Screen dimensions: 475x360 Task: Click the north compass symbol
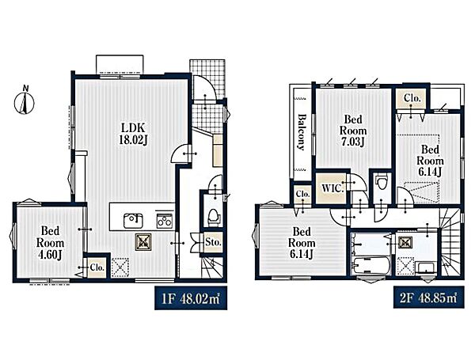(25, 100)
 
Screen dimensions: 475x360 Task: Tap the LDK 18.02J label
(133, 133)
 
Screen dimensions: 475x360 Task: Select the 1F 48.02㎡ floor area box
(191, 298)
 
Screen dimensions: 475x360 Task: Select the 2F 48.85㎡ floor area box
(428, 297)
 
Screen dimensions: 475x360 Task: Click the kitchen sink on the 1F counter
(133, 221)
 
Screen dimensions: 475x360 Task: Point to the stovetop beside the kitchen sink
(165, 221)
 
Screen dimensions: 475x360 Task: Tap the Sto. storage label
(213, 242)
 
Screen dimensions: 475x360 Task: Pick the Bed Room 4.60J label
(51, 243)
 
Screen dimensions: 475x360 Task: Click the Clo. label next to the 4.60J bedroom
(97, 267)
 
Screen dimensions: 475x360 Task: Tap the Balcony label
(301, 132)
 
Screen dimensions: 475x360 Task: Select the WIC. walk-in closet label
(332, 188)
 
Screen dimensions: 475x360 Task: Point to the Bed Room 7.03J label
(353, 131)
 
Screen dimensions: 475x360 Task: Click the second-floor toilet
(382, 182)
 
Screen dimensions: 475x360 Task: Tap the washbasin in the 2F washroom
(427, 268)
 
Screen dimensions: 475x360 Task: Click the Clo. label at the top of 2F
(412, 98)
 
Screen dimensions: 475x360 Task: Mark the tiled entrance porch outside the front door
(207, 79)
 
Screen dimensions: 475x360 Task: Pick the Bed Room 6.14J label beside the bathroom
(302, 243)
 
